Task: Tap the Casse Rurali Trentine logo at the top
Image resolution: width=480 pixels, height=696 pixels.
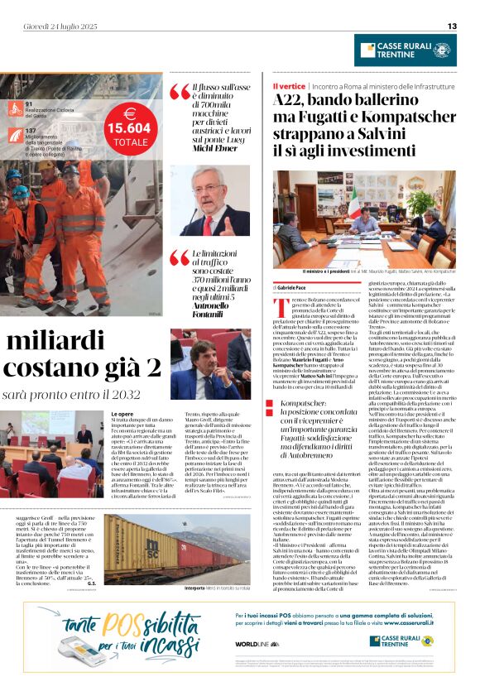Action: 405,50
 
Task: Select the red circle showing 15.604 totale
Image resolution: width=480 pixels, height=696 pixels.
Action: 129,128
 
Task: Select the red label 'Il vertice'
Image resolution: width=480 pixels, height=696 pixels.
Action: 290,86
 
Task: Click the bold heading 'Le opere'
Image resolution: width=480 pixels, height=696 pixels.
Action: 122,413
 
